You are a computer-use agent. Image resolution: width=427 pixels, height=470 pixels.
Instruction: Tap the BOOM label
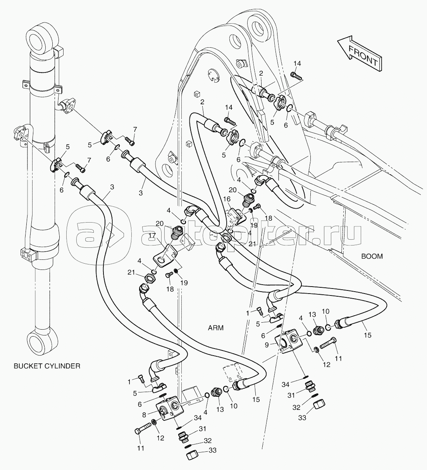pyautogui.click(x=372, y=256)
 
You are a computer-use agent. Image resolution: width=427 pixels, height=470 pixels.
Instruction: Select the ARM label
pyautogui.click(x=215, y=328)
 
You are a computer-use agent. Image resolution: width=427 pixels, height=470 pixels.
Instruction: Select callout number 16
pyautogui.click(x=226, y=199)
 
